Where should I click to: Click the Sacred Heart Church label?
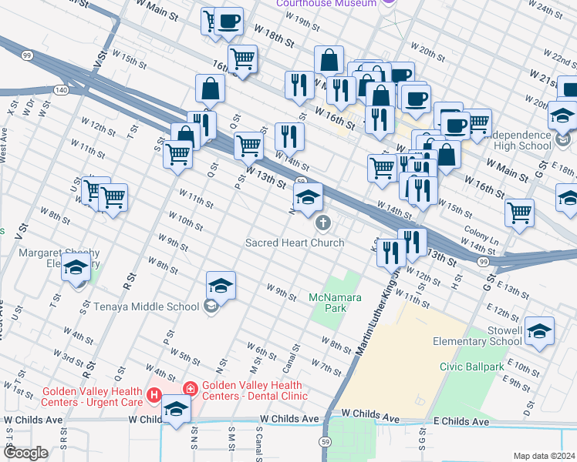[295, 243]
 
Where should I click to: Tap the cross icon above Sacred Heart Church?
[323, 224]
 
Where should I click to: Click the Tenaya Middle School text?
[147, 306]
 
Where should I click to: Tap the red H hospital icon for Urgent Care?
[154, 397]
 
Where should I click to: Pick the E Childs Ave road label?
[461, 422]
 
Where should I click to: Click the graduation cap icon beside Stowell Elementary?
[539, 330]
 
